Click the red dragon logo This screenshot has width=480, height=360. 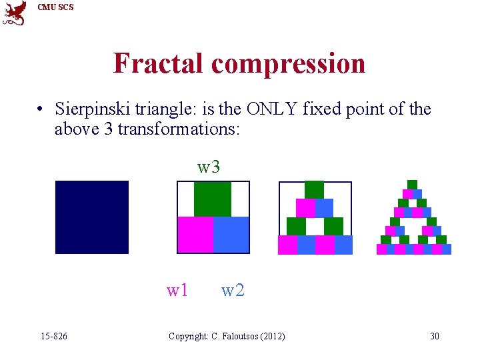15,13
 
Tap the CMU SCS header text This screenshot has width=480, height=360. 55,7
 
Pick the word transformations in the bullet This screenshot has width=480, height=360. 178,128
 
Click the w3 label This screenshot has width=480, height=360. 209,167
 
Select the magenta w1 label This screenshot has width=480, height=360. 177,290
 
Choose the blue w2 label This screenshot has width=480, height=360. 233,290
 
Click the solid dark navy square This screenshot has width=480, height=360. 92,217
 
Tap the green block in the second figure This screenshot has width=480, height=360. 213,199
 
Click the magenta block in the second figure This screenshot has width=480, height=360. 195,235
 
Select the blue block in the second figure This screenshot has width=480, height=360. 231,235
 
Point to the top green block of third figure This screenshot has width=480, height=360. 314,190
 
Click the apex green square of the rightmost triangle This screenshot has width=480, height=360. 412,185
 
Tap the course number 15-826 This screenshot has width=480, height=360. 53,336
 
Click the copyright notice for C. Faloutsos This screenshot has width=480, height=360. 227,336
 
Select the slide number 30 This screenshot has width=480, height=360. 434,336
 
